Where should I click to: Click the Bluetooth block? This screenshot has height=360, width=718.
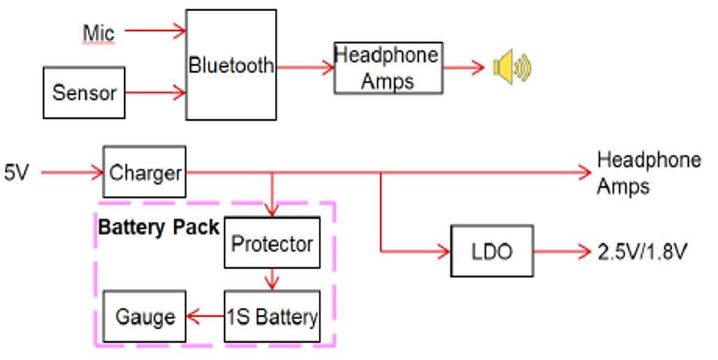pyautogui.click(x=231, y=65)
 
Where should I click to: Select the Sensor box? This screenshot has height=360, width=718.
pyautogui.click(x=84, y=93)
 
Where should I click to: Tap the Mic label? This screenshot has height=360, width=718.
pyautogui.click(x=98, y=32)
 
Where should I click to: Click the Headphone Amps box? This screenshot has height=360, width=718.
pyautogui.click(x=388, y=68)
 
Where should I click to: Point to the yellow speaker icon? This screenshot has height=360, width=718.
pyautogui.click(x=511, y=67)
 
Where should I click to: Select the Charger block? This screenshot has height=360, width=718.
pyautogui.click(x=144, y=172)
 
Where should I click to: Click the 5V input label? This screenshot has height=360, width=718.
pyautogui.click(x=17, y=172)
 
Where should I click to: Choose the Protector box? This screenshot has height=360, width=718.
pyautogui.click(x=272, y=243)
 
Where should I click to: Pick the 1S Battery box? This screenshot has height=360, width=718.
pyautogui.click(x=272, y=317)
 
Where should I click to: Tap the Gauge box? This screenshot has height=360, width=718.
pyautogui.click(x=144, y=317)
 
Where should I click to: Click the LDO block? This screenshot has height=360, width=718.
pyautogui.click(x=491, y=250)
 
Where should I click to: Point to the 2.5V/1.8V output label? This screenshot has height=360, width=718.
pyautogui.click(x=642, y=251)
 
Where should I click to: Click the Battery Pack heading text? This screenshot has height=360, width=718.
pyautogui.click(x=158, y=227)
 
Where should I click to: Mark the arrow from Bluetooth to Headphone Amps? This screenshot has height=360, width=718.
pyautogui.click(x=305, y=68)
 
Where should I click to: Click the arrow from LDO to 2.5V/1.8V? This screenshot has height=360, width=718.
pyautogui.click(x=562, y=251)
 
